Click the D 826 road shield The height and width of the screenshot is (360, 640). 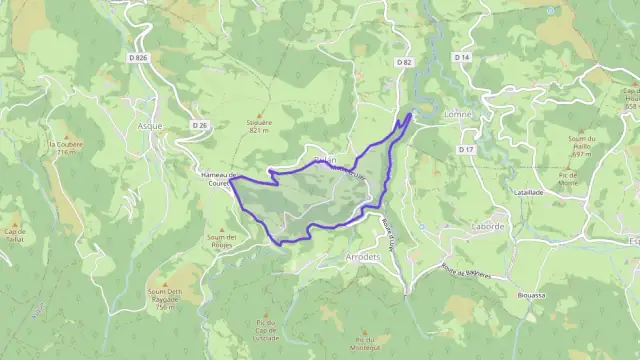[138, 58]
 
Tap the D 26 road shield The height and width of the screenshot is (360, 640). [200, 125]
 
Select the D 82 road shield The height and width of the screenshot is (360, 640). [404, 62]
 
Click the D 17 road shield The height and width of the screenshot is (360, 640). [466, 149]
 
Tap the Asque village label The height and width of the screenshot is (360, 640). [148, 127]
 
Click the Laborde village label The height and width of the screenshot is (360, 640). [487, 227]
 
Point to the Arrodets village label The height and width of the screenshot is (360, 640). [362, 256]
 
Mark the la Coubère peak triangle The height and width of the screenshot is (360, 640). [67, 135]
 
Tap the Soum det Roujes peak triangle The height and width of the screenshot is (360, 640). [220, 227]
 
